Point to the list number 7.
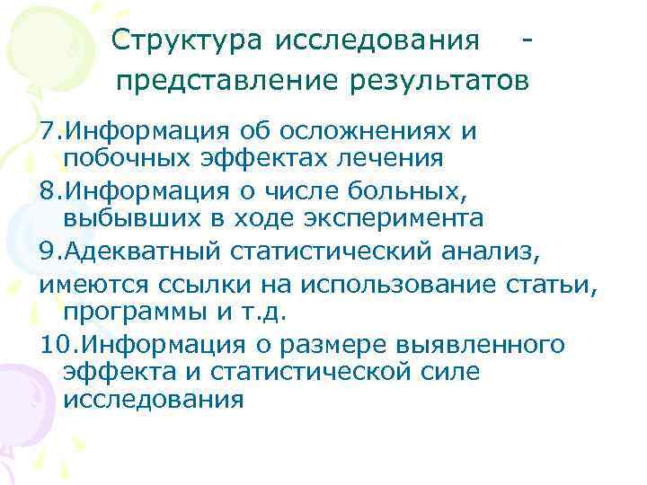(x=48, y=132)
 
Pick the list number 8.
(x=48, y=190)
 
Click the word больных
(x=395, y=190)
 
